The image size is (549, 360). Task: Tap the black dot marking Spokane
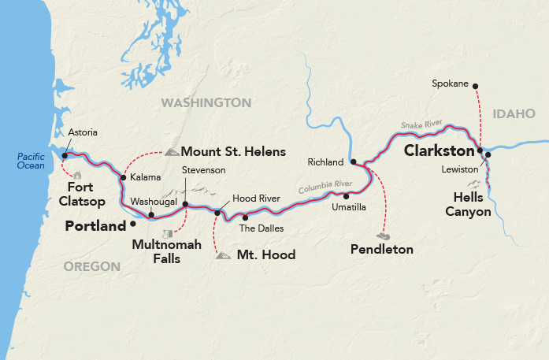(x=476, y=86)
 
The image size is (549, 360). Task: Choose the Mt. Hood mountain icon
(x=223, y=255)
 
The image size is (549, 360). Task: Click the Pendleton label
(x=382, y=250)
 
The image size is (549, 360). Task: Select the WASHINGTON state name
(x=206, y=103)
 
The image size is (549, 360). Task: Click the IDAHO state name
(x=514, y=114)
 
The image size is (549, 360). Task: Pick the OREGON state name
(x=91, y=267)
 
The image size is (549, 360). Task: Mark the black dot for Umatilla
(x=345, y=195)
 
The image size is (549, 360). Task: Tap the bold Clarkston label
(x=439, y=150)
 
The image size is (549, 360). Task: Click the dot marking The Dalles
(x=245, y=217)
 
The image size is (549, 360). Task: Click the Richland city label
(x=326, y=162)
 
